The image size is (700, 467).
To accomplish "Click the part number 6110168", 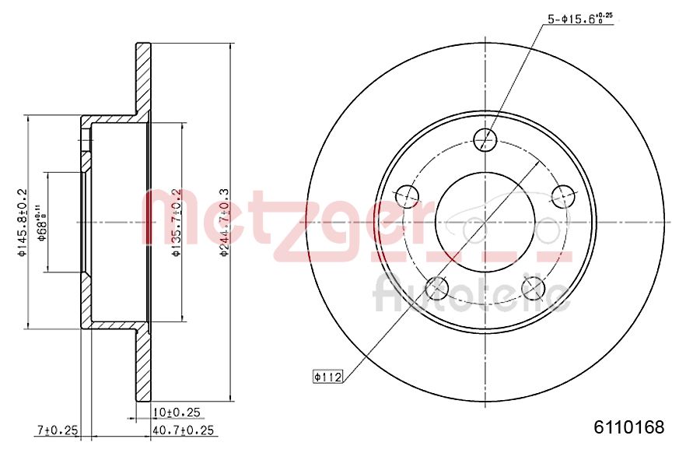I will click(x=628, y=427).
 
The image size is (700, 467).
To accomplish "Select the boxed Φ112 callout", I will click(x=327, y=377).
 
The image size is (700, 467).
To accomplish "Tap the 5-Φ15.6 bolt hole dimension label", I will click(x=576, y=19).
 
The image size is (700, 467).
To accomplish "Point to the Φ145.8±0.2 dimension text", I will click(x=23, y=222).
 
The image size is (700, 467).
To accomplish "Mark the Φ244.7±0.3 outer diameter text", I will click(x=223, y=222).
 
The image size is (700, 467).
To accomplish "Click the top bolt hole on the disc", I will click(x=485, y=139).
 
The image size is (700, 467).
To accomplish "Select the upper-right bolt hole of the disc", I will click(x=562, y=194).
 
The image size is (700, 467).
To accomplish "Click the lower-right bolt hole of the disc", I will click(x=534, y=287).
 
